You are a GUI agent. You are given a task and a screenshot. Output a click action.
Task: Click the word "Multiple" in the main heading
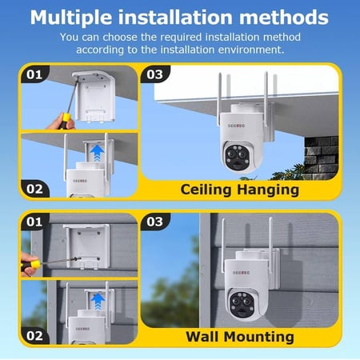[71, 18]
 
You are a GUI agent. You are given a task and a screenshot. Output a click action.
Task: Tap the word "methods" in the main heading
[283, 18]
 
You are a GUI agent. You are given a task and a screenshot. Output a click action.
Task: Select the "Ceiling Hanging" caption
[240, 190]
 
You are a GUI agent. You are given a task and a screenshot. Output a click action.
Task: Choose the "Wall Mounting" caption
[240, 337]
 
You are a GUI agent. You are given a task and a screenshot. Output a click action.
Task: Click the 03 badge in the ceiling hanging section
[155, 74]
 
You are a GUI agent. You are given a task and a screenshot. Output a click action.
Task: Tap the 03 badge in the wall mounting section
[155, 222]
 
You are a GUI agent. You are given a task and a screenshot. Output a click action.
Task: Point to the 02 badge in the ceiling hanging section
[34, 189]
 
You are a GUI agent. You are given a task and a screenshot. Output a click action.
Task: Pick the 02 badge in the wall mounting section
[34, 336]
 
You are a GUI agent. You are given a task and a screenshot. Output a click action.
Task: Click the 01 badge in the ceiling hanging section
[34, 74]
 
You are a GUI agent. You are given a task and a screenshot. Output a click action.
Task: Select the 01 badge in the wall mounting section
[34, 222]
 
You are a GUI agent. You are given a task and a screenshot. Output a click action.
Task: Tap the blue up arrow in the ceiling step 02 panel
[97, 153]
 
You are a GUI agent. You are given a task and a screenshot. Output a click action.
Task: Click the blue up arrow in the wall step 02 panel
[98, 302]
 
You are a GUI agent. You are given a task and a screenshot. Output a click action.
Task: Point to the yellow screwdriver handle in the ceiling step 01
[65, 121]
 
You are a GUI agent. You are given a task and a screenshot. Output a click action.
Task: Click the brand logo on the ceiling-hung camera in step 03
[236, 126]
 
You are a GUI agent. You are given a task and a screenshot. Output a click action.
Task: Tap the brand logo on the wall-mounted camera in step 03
[242, 273]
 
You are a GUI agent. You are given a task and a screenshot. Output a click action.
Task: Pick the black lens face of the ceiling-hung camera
[239, 158]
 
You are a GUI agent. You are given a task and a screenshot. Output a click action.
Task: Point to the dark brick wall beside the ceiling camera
[322, 158]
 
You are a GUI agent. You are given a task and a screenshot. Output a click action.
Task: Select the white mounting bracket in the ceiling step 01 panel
[94, 95]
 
